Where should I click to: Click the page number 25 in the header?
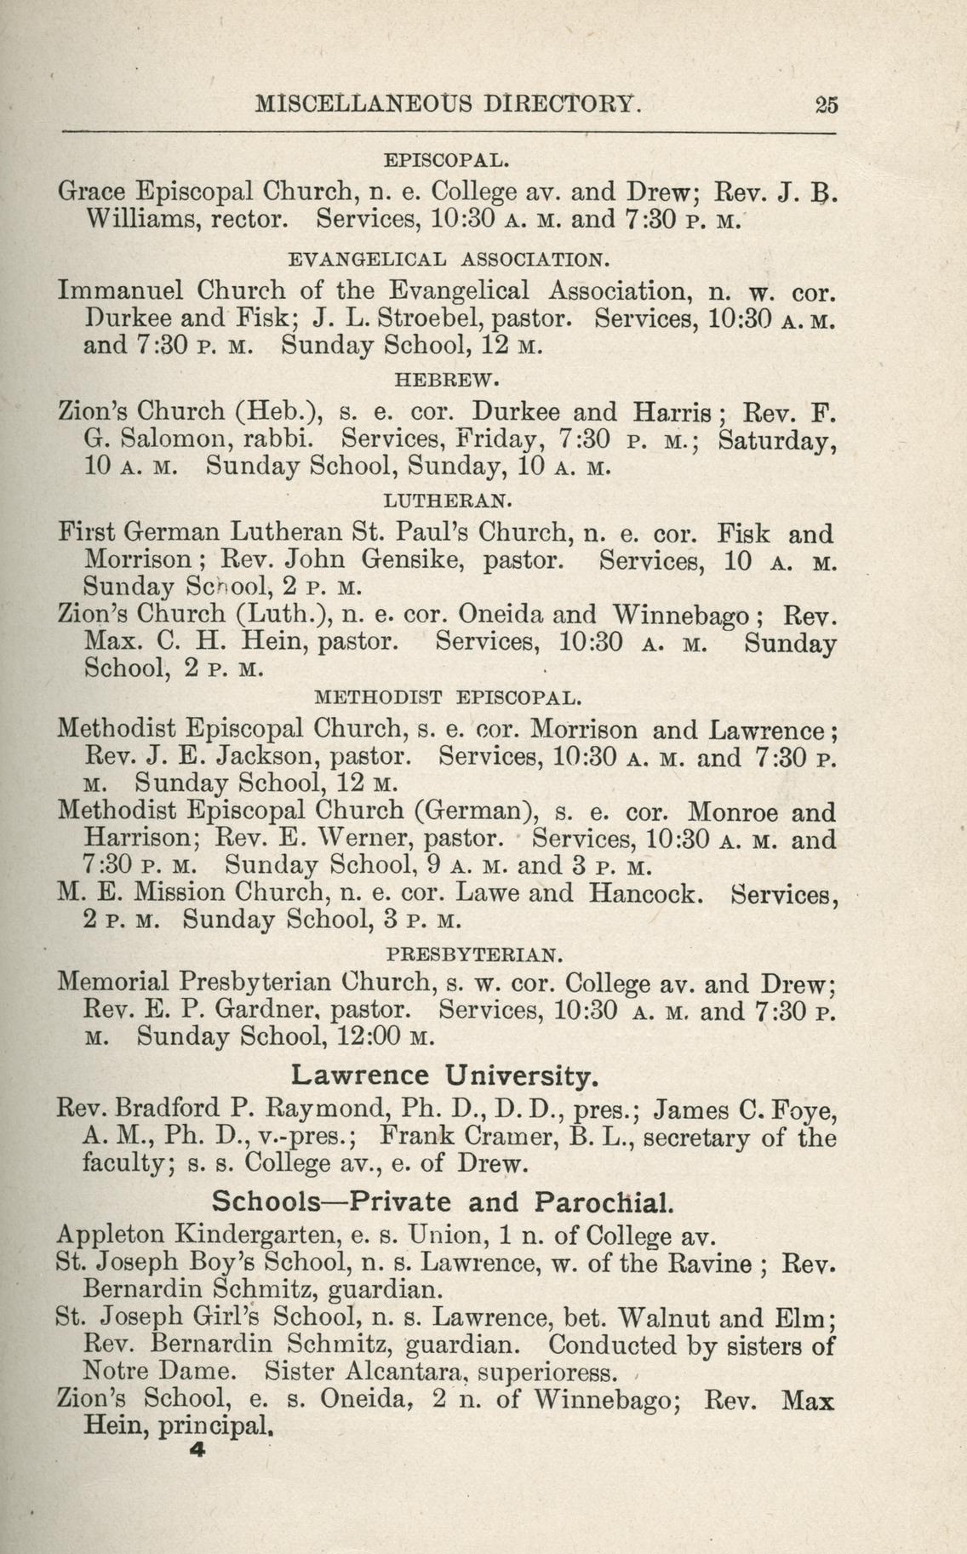pos(826,106)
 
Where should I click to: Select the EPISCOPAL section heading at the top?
pos(447,160)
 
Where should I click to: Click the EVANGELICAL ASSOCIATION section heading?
pos(449,258)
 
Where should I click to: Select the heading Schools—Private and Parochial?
pos(443,1202)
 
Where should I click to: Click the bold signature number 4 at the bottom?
pos(200,1454)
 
